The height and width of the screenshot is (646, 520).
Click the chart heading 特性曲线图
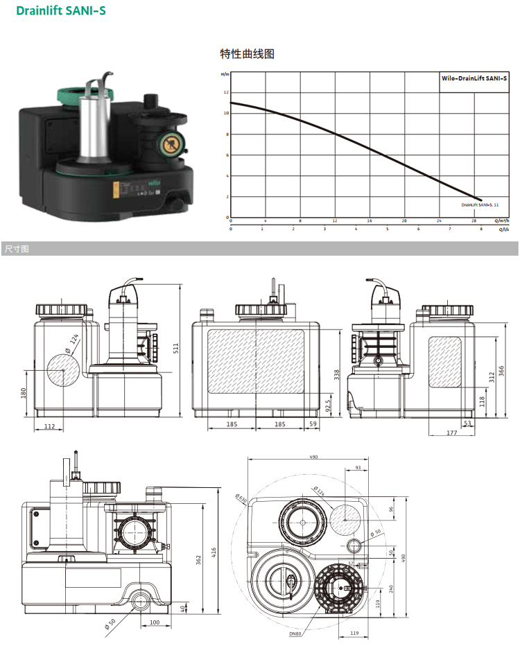tap(247, 53)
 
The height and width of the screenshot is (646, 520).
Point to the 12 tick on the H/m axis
tap(225, 92)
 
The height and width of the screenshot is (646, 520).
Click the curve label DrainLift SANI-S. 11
tap(479, 205)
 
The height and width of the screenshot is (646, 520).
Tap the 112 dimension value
tap(50, 426)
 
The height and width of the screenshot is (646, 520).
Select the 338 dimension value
tap(337, 375)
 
